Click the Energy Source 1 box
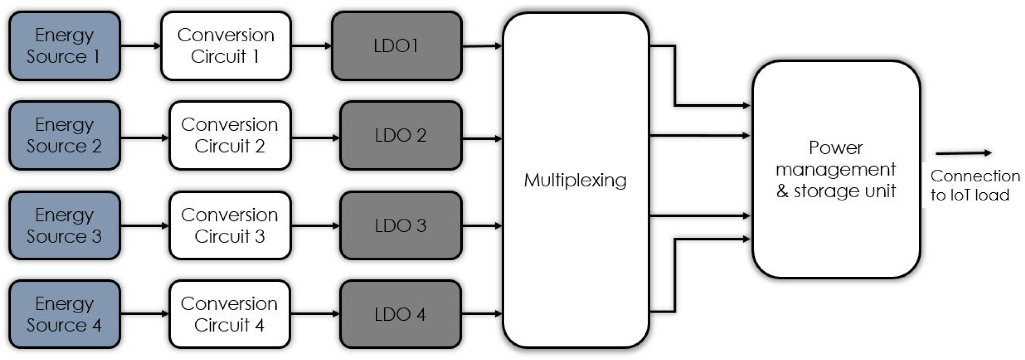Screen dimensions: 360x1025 click(x=65, y=46)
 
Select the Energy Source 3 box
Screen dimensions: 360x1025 click(x=65, y=225)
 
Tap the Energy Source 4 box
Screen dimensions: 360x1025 click(x=65, y=314)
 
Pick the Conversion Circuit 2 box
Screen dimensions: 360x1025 click(x=230, y=135)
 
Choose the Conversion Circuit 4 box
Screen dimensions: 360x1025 click(x=229, y=314)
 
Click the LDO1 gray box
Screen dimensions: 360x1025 click(x=396, y=46)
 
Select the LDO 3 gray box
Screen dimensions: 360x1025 click(x=400, y=225)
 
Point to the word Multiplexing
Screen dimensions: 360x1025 click(x=575, y=180)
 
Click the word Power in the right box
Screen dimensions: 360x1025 click(x=836, y=148)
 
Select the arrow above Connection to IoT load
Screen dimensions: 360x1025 click(x=963, y=153)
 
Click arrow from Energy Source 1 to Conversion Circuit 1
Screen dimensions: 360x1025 click(x=140, y=46)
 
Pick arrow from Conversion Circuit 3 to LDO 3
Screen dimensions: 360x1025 click(x=315, y=226)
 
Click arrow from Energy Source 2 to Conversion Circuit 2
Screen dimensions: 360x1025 click(x=144, y=138)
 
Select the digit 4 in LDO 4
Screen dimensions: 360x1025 click(x=421, y=314)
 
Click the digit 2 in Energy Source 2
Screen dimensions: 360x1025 click(x=97, y=146)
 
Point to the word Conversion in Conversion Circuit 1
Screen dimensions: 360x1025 click(x=225, y=35)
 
